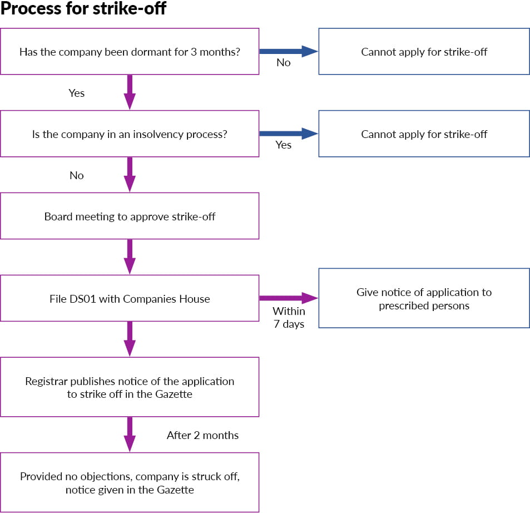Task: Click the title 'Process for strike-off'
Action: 83,9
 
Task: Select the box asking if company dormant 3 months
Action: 130,52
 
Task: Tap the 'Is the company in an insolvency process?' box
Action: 130,134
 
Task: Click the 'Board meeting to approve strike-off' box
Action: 130,216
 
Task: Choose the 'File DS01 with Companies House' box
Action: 130,299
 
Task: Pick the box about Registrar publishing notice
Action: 130,387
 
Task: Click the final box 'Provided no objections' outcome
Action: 130,483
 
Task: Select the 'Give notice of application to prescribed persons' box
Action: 424,299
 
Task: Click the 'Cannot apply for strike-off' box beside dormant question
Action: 424,52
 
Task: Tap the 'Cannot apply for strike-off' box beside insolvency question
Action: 424,134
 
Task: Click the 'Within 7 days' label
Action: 289,318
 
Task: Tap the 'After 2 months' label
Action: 202,435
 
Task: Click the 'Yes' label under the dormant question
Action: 76,93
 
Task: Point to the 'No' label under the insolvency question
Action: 76,175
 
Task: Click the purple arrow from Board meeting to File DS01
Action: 130,256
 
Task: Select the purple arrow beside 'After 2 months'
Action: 130,434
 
